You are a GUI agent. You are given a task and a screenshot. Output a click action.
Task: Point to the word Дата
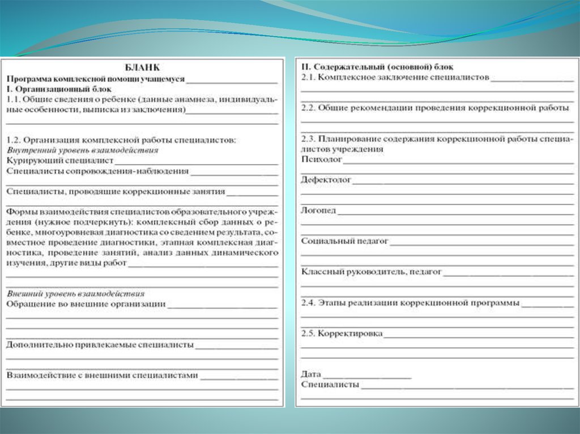click(311, 374)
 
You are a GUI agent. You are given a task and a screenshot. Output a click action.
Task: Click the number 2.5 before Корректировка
click(308, 333)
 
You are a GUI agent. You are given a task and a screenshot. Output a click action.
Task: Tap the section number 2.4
click(308, 303)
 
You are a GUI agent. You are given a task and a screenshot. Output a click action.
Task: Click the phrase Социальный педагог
click(344, 241)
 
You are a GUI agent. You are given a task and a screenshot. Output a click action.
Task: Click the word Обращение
click(28, 304)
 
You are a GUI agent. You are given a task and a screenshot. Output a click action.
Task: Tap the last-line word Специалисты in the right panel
click(330, 385)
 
